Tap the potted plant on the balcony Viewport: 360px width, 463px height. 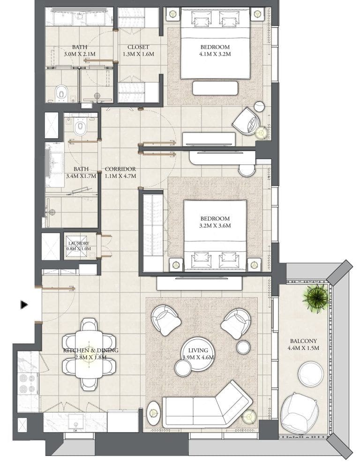coord(315,298)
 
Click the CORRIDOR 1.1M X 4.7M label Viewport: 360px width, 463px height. coord(120,172)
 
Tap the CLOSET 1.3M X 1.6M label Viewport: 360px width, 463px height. coord(138,50)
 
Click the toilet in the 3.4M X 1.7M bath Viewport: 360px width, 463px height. coord(81,126)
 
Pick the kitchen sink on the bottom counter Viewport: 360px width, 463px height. coord(75,423)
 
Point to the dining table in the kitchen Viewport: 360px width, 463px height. coord(89,354)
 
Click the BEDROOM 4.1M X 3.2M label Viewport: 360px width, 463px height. coord(215,50)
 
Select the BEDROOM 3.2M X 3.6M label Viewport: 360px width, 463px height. coord(215,222)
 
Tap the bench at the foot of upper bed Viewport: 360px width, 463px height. coord(215,88)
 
